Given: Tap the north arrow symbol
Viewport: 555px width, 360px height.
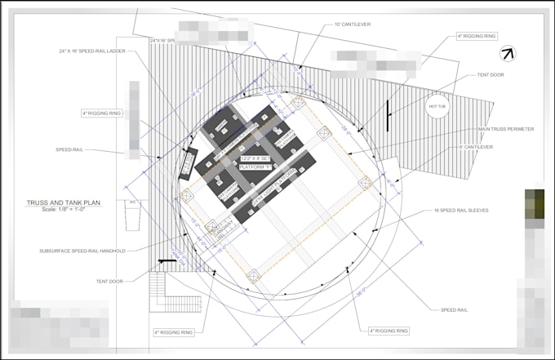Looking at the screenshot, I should coord(508,54).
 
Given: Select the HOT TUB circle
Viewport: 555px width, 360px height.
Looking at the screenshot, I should coord(437,107).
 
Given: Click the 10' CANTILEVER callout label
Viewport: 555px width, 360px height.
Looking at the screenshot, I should coord(352,24).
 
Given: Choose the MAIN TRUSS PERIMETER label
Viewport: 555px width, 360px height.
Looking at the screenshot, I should coord(507,129).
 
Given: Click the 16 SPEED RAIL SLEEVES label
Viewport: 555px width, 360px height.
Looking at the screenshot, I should coord(461,211).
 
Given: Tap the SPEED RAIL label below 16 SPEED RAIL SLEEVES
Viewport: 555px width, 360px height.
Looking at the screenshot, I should coord(453,310).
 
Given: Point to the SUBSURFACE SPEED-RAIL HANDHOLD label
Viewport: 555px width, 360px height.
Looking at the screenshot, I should coord(82,251).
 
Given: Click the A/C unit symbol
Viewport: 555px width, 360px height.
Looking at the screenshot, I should coord(132,214).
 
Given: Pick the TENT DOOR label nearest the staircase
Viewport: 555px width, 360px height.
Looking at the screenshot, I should coord(109,281).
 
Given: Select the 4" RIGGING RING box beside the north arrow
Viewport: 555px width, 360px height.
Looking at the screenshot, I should coord(476,36).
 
